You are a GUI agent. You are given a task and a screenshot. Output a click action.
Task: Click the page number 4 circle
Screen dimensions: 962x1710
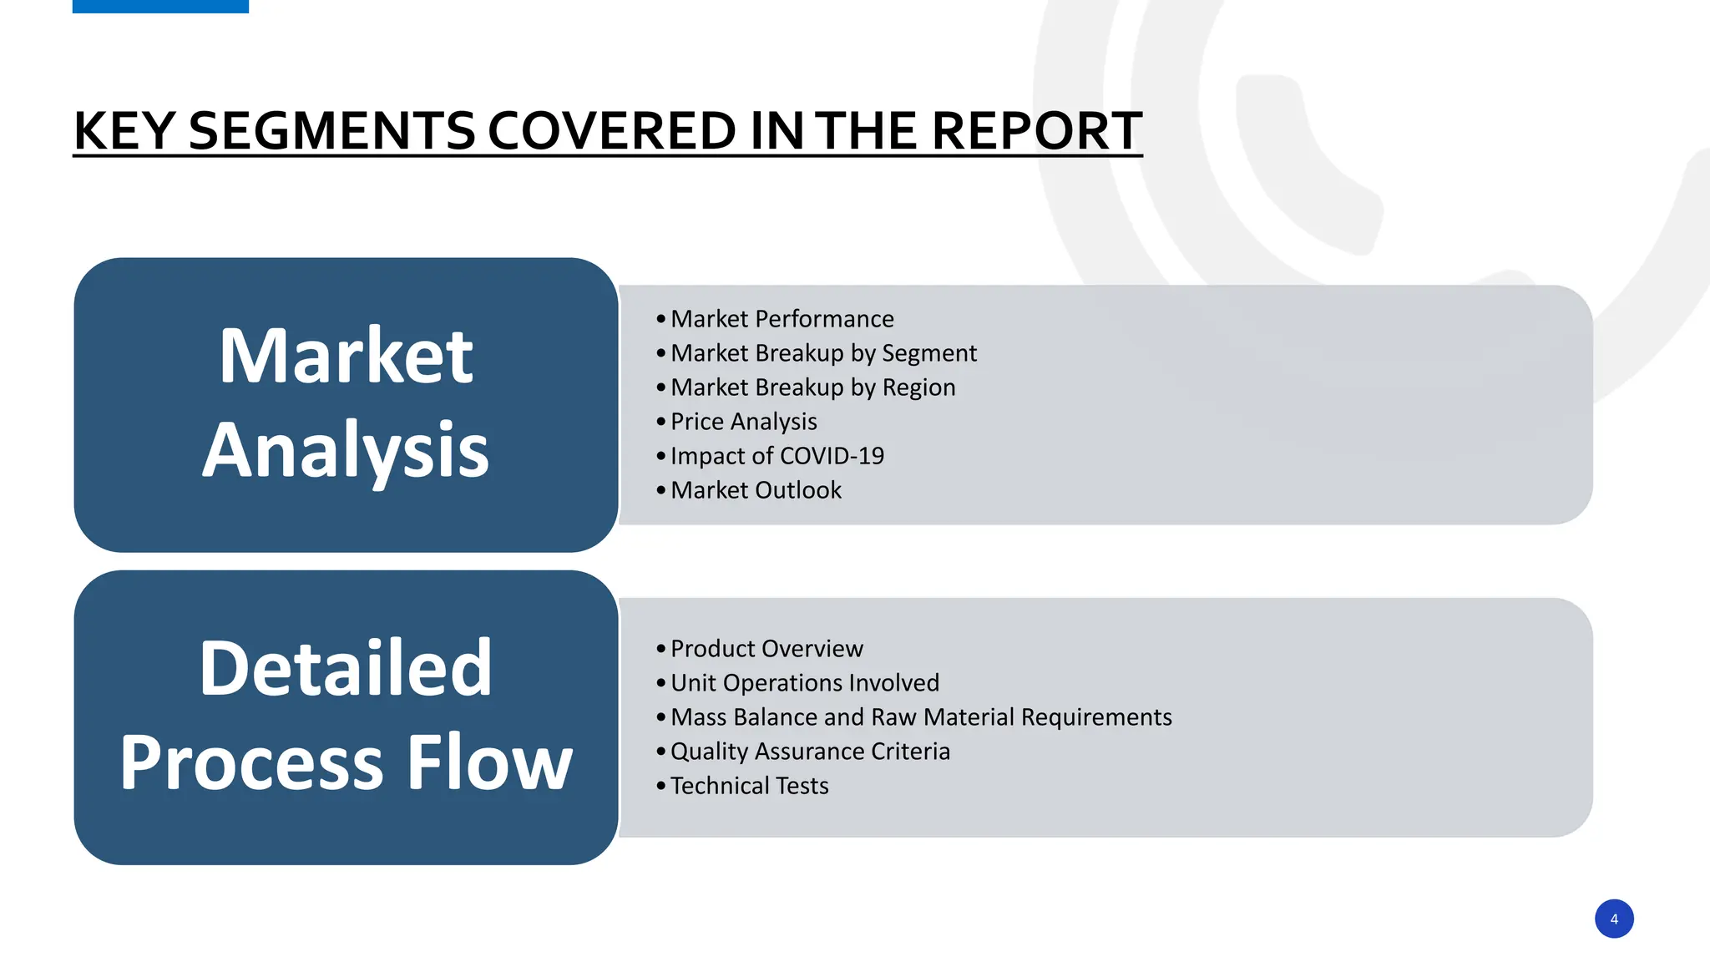[1613, 919]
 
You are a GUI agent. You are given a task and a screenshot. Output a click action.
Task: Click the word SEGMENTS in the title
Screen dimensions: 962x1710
[332, 131]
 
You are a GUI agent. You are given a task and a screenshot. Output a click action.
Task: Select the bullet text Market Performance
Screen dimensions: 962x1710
[782, 319]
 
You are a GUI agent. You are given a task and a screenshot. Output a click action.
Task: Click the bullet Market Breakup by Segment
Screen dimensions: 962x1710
[822, 353]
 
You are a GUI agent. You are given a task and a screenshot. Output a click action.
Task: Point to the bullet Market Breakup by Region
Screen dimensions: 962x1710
[812, 387]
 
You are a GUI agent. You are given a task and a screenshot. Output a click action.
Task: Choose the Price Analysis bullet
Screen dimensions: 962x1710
[743, 422]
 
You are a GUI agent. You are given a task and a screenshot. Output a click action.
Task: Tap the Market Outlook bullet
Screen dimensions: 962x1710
[756, 490]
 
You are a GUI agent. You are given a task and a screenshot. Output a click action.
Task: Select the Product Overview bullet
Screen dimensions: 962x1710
[766, 649]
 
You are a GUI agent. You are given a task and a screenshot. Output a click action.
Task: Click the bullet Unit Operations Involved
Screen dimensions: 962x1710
[804, 683]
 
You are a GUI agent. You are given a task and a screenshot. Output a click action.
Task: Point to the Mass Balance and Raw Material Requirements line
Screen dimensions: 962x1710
[921, 717]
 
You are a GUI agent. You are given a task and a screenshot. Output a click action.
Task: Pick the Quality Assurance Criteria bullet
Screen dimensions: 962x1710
[810, 752]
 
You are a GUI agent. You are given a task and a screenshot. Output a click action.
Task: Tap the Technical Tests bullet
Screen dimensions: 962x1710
[749, 786]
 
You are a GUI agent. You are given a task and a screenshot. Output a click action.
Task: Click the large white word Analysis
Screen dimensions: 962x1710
[346, 451]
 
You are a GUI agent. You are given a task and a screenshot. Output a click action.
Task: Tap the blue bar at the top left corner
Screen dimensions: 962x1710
[160, 6]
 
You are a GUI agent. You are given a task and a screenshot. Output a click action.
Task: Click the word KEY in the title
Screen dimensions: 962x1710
[124, 131]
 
